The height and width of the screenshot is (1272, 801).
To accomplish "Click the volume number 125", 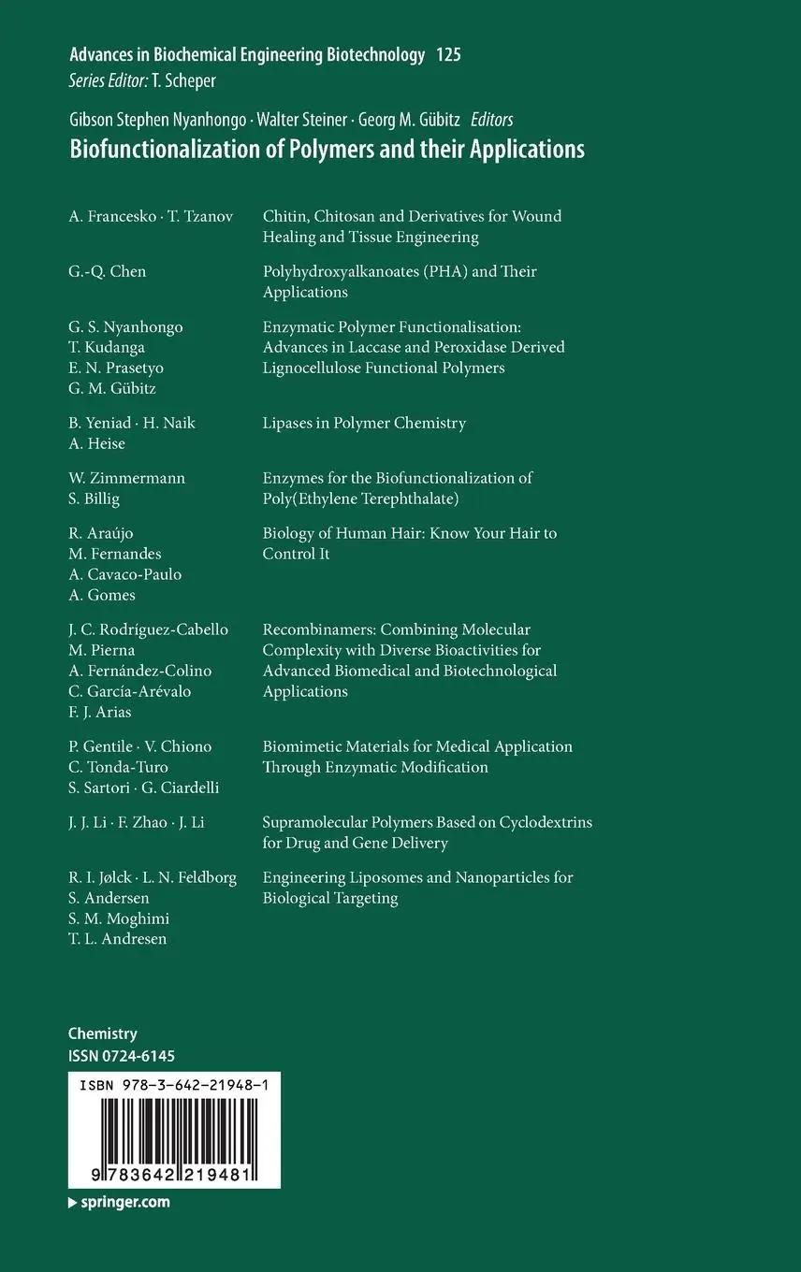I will [448, 55].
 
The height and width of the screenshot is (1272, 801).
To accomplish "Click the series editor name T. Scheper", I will [183, 81].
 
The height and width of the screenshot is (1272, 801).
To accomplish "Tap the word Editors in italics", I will [491, 120].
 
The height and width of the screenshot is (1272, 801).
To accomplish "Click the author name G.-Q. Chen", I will [108, 272].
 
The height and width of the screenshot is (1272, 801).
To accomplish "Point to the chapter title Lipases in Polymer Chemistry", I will [364, 423].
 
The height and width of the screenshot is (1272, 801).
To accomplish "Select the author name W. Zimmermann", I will [127, 478].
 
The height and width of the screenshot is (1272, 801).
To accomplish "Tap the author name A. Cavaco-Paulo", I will [125, 574].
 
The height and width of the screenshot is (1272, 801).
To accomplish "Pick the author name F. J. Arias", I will [100, 712].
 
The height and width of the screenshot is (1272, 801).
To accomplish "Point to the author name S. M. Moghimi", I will [119, 918].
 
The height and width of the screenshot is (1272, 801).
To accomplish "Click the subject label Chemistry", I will [103, 1033].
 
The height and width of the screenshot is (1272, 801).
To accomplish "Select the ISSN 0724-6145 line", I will [122, 1056].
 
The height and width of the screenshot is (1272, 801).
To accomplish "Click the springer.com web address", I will [124, 1202].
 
